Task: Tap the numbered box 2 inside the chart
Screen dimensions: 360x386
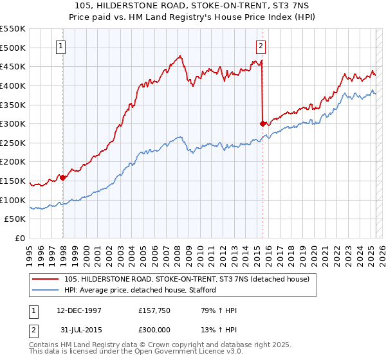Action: coord(261,46)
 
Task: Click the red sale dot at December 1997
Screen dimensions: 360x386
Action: coord(63,177)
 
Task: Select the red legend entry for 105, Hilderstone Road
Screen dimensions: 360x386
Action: coord(187,279)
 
